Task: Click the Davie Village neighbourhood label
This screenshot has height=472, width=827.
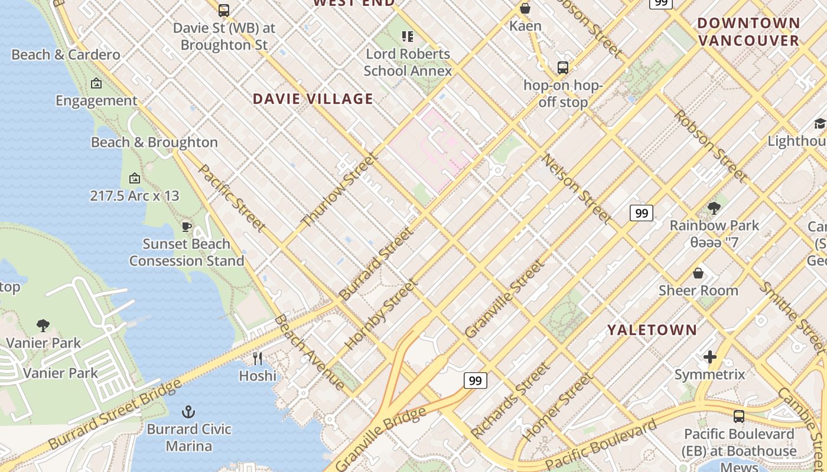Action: point(313,99)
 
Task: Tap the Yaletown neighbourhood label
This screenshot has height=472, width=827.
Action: point(652,330)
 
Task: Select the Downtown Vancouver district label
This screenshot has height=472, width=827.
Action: point(748,32)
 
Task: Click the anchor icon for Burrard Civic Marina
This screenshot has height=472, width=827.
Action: point(188,411)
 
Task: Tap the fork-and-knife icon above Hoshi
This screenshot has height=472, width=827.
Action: point(258,358)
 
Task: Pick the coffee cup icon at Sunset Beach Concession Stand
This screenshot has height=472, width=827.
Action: point(187,227)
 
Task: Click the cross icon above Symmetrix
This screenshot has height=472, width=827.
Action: point(709,357)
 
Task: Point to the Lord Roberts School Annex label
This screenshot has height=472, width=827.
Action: point(408,63)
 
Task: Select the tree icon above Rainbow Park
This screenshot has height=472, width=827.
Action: point(714,208)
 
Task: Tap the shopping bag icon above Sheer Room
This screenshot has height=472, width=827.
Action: point(698,273)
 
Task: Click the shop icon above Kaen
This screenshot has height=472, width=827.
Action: point(525,8)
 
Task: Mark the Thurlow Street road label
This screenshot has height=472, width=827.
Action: point(339,190)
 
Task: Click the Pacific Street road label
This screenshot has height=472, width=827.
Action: point(232,197)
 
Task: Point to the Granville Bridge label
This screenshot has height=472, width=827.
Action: point(381,439)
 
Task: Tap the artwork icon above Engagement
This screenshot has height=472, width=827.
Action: point(96,84)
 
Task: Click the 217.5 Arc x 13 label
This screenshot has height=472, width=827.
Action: point(135,196)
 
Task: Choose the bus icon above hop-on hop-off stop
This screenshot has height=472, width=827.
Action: point(563,68)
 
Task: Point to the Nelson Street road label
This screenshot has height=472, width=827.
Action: point(577,189)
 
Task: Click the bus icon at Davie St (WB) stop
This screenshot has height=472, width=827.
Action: point(224,10)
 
